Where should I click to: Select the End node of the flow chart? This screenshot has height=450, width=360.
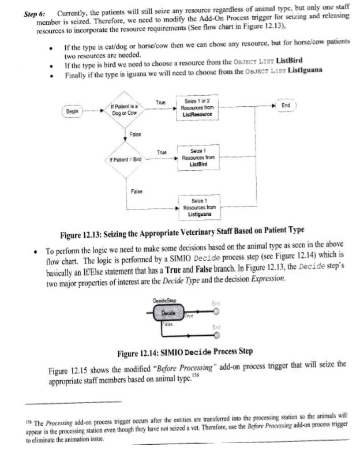(286, 106)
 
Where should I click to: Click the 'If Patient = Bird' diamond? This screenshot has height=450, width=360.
(125, 159)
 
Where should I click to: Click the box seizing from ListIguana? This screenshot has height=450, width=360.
(197, 207)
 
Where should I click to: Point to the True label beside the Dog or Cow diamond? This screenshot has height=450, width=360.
(161, 102)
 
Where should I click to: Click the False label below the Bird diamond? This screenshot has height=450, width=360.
(137, 191)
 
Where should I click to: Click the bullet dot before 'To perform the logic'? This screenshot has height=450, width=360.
(36, 252)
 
